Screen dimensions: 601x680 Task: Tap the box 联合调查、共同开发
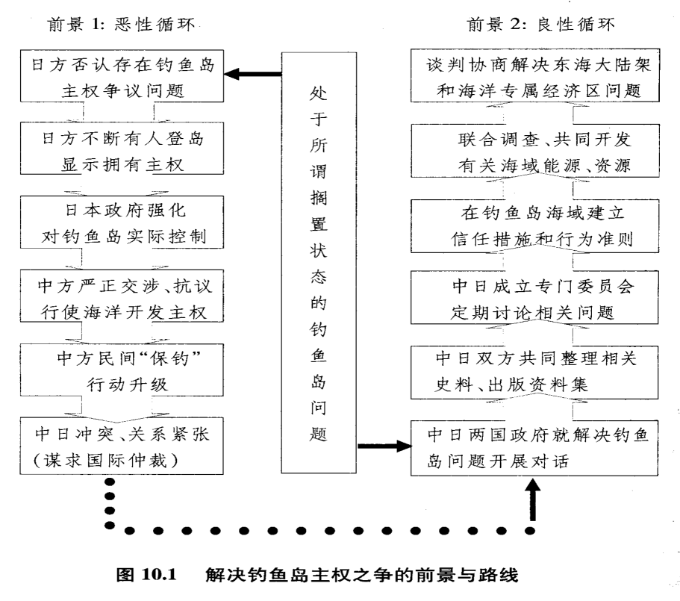click(x=537, y=150)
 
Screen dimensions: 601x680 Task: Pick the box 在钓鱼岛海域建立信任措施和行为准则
click(x=537, y=222)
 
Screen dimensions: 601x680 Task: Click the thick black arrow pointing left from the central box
click(x=254, y=74)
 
